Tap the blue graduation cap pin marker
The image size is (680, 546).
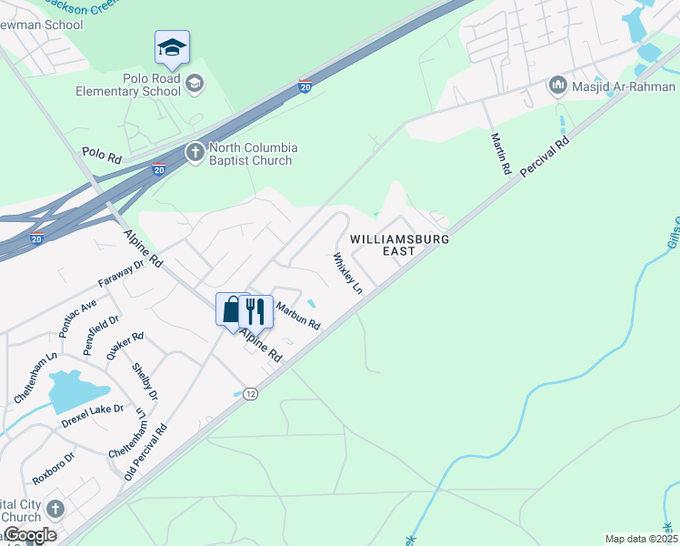[x=172, y=48]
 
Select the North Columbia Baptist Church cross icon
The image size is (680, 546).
[x=195, y=152]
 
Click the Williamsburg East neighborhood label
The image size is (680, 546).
[x=401, y=244]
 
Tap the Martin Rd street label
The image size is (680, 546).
[x=501, y=153]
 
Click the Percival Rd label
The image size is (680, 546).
[x=545, y=158]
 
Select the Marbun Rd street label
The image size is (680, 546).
[x=298, y=317]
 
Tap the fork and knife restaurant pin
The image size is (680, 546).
[x=255, y=311]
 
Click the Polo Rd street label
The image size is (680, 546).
[x=102, y=157]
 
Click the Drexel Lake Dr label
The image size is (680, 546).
[x=93, y=420]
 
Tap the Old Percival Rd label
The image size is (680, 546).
[x=146, y=452]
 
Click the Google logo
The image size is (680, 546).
[x=29, y=535]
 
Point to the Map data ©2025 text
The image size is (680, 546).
[x=640, y=539]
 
